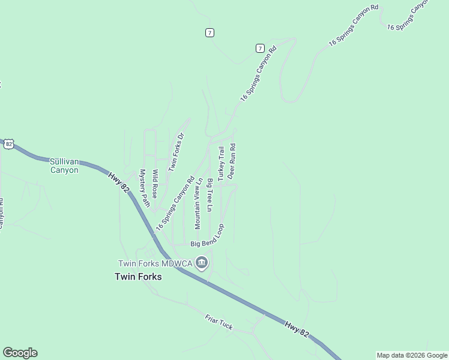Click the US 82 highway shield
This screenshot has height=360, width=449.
(x=8, y=144)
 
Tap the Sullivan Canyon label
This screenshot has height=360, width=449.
(x=64, y=166)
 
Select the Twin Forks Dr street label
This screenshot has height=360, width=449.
(x=175, y=152)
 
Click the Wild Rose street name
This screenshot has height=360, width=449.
(x=155, y=184)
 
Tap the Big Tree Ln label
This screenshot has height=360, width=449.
(x=209, y=195)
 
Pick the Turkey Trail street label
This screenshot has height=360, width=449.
(x=221, y=163)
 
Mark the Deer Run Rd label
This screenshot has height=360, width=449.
(x=232, y=161)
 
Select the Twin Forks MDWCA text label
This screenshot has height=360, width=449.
(x=155, y=263)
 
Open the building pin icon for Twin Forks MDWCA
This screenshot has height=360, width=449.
(x=202, y=263)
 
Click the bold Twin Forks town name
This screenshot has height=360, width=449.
(x=139, y=277)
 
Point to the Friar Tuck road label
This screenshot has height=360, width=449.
(x=218, y=322)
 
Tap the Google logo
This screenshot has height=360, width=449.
(x=20, y=353)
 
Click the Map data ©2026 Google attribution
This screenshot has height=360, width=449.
(x=411, y=355)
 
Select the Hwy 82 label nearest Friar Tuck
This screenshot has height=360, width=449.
(x=297, y=329)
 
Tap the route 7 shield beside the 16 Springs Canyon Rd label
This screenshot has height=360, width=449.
(x=259, y=47)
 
